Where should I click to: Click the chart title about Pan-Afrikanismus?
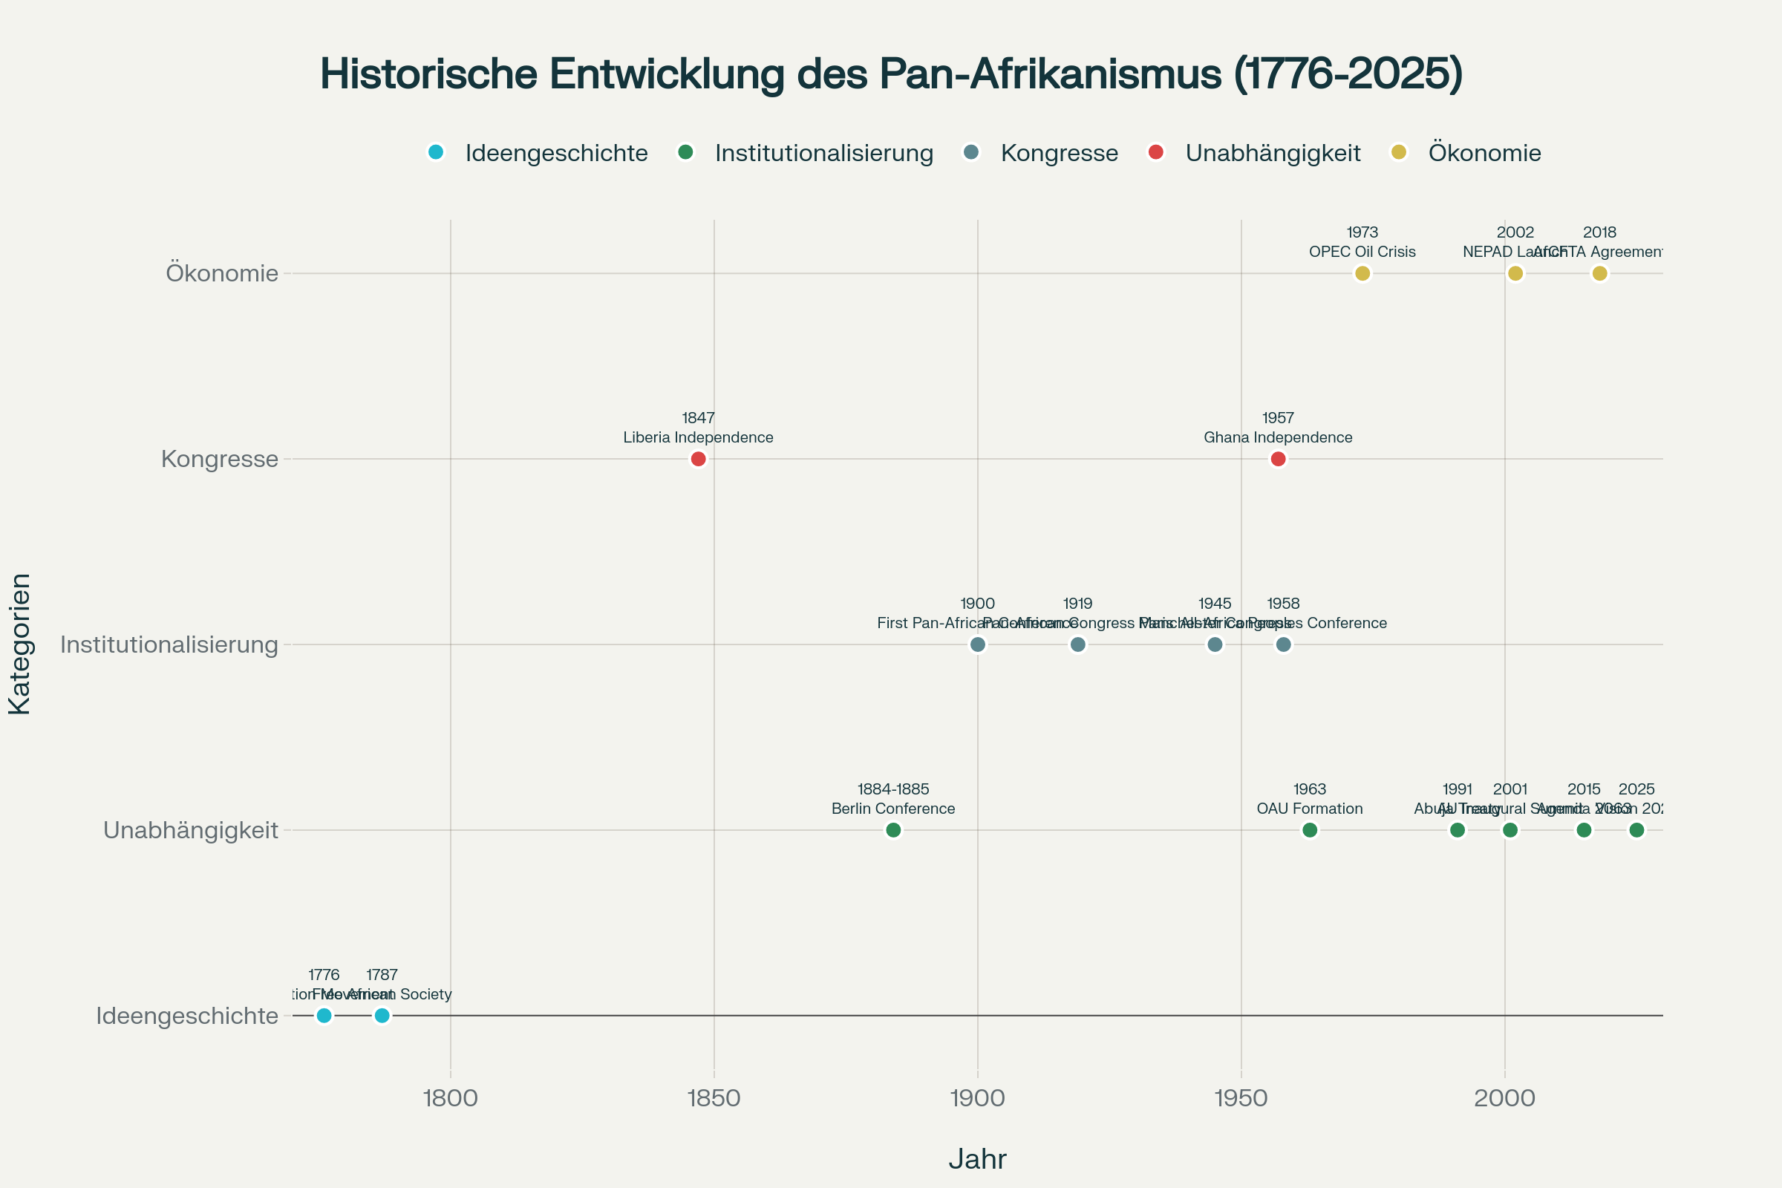click(x=891, y=74)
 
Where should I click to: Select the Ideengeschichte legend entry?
click(x=538, y=153)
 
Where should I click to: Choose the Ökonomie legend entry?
click(x=1466, y=153)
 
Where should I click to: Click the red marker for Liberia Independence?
click(x=699, y=459)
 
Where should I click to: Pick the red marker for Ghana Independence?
click(x=1278, y=459)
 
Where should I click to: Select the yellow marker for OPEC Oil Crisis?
click(x=1362, y=273)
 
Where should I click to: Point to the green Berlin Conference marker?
click(x=893, y=830)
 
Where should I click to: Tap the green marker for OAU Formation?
click(x=1310, y=830)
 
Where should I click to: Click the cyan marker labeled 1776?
click(x=324, y=1016)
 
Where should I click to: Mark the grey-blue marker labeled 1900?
click(x=978, y=644)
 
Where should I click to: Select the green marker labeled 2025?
click(x=1636, y=830)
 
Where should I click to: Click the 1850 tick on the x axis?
click(x=714, y=1098)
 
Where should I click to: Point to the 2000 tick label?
click(x=1505, y=1098)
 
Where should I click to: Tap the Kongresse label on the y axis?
click(x=220, y=459)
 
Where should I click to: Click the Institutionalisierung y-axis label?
click(x=170, y=644)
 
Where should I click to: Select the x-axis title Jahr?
click(x=977, y=1160)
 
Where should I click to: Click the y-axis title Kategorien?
click(x=20, y=644)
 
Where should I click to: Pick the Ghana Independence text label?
click(x=1278, y=437)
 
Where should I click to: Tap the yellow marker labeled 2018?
click(x=1599, y=273)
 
